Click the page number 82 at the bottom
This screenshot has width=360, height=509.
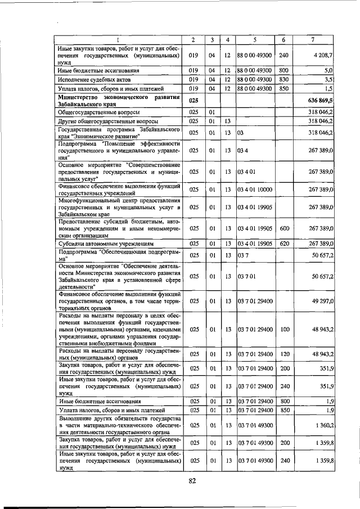(x=192, y=480)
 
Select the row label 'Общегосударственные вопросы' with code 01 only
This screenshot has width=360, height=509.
(x=93, y=112)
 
